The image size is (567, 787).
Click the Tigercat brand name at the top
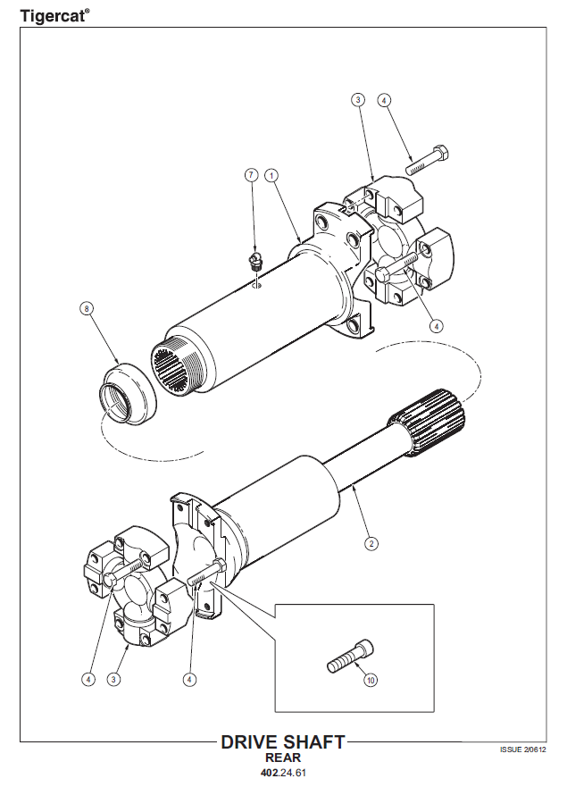(54, 15)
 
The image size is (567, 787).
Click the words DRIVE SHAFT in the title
(283, 742)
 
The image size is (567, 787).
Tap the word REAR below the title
(283, 758)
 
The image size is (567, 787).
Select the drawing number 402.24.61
(283, 773)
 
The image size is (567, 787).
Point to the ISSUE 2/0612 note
(523, 749)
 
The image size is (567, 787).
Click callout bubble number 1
(271, 176)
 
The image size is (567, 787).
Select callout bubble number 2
(371, 543)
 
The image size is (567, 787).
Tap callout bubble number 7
(251, 175)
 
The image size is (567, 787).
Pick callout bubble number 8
(87, 308)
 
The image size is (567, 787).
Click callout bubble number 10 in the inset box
(371, 681)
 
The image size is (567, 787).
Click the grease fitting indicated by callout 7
(255, 262)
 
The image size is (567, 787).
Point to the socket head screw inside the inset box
(350, 657)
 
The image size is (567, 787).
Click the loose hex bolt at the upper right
(427, 159)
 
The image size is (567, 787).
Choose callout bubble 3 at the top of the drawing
(357, 100)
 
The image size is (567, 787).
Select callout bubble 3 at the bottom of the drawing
(113, 680)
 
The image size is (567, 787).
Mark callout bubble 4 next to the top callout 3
(383, 100)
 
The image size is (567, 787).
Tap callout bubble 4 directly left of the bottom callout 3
(88, 680)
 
